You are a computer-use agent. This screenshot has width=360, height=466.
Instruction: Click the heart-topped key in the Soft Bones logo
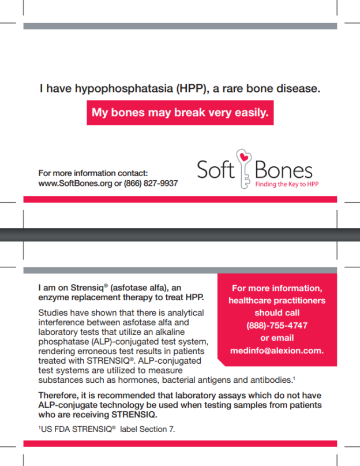pos(244,167)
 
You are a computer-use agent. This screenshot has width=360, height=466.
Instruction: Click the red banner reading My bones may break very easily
pos(180,113)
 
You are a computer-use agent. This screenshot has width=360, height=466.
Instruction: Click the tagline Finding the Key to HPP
pos(287,184)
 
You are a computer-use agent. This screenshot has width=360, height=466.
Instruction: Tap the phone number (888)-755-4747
pos(277,325)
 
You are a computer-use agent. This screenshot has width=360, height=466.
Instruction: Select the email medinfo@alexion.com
pos(277,351)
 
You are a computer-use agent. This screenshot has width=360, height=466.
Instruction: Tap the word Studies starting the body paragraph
pos(52,312)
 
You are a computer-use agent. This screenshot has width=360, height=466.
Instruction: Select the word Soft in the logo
pos(215,170)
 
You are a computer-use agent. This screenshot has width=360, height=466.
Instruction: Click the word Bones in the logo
pos(284,170)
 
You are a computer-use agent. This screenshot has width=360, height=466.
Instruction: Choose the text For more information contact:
pos(93,173)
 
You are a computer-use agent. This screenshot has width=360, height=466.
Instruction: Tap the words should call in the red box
pos(277,312)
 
